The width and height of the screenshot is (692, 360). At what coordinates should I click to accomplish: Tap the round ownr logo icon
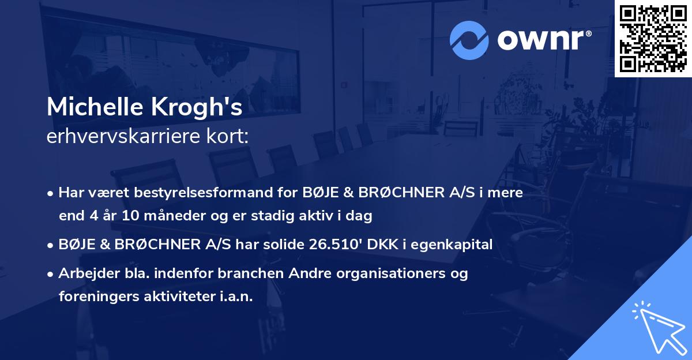pos(469,40)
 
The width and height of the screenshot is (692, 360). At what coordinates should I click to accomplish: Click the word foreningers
pos(93,296)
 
